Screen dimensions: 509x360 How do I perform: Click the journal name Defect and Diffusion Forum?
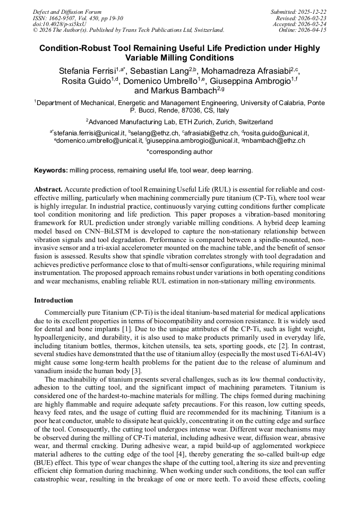click(67, 12)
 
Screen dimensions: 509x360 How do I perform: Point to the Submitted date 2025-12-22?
click(298, 12)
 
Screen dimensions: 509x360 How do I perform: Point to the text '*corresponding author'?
click(179, 152)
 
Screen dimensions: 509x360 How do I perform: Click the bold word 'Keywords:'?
click(51, 170)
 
